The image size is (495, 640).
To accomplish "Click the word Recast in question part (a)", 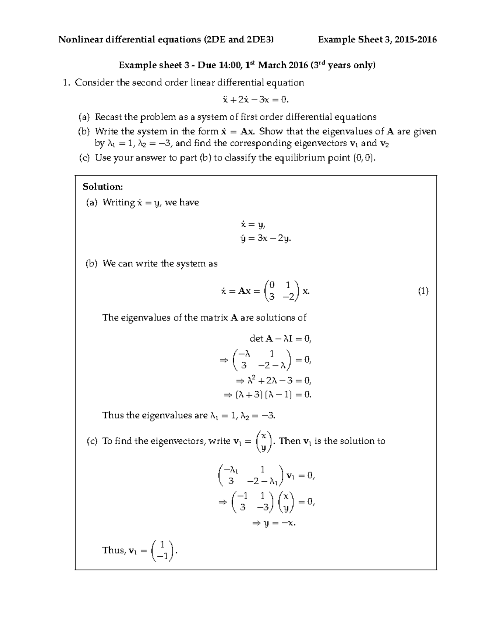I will (109, 117).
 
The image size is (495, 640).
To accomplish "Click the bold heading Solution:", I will (103, 187).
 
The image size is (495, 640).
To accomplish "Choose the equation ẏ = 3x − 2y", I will (266, 239).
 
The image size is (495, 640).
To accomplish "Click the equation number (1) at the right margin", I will (423, 291).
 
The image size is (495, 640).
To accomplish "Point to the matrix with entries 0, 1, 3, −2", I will (282, 291).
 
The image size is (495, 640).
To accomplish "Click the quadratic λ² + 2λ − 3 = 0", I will (273, 380).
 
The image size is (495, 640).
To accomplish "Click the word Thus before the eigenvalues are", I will (112, 415).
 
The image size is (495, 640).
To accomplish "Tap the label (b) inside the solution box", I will (91, 264).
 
